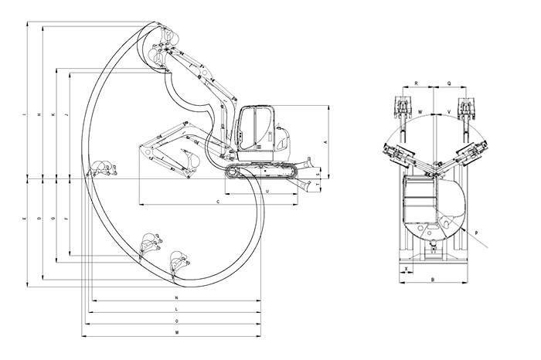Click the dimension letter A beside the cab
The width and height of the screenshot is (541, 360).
[x=326, y=142]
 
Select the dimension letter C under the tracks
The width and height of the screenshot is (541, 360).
[x=219, y=201]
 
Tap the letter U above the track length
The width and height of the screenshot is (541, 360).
[x=267, y=189]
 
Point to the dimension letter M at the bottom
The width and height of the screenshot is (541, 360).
[x=177, y=332]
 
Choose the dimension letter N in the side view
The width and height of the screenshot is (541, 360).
[x=177, y=297]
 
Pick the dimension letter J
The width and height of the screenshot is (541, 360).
[x=68, y=116]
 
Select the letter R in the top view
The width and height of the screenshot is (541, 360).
[x=417, y=81]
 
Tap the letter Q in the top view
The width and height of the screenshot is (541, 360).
[x=449, y=81]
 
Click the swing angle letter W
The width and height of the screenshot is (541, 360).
[x=420, y=112]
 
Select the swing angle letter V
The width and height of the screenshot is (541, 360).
[x=448, y=112]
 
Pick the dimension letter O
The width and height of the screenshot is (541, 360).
[x=177, y=320]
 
